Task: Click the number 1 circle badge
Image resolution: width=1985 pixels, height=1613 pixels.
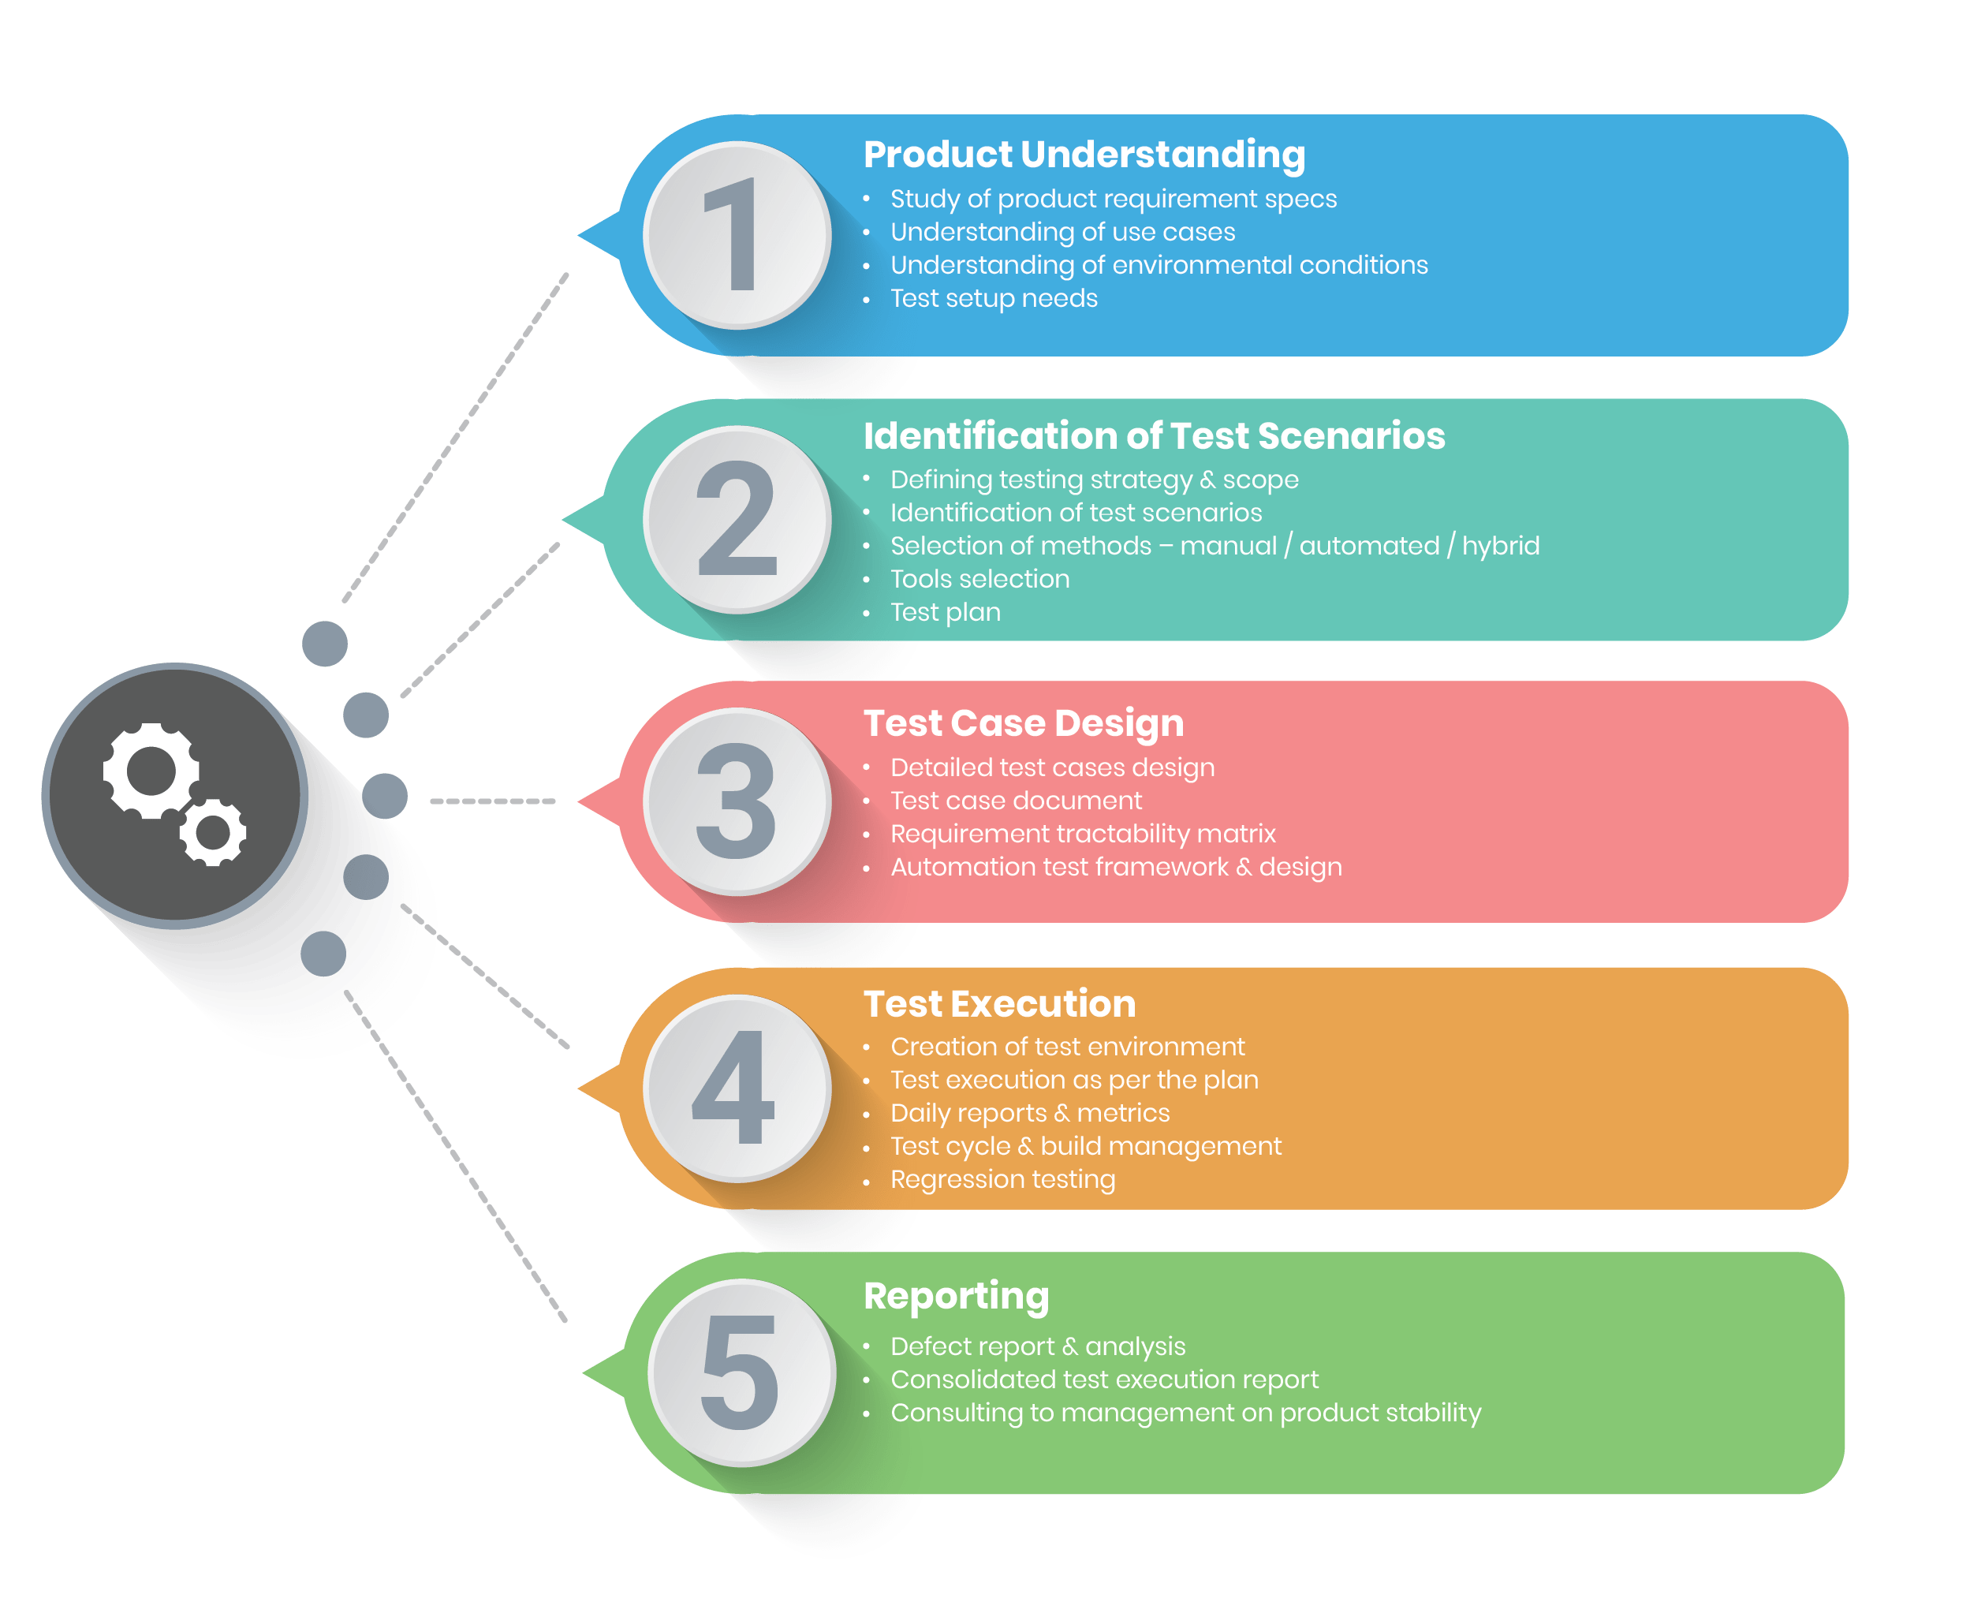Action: tap(737, 235)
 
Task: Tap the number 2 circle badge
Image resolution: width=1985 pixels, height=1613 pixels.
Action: tap(737, 519)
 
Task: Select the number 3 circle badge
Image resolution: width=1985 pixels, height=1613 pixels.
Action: tap(737, 802)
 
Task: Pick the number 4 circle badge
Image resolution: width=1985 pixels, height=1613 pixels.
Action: tap(737, 1088)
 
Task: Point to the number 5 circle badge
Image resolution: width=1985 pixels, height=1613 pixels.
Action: tap(741, 1372)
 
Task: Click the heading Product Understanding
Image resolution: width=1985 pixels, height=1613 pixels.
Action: tap(1084, 155)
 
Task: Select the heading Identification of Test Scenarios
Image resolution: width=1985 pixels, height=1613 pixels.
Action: tap(1154, 435)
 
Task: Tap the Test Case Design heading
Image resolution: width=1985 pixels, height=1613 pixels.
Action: tap(1024, 722)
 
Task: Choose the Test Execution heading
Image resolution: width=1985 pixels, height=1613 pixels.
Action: tap(999, 1004)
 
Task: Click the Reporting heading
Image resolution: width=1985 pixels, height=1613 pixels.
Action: tap(956, 1296)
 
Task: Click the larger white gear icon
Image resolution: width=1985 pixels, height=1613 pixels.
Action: tap(151, 771)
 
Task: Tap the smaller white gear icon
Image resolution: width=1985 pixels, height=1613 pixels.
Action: tap(214, 832)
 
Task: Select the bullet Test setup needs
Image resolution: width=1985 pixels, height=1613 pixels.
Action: tap(993, 298)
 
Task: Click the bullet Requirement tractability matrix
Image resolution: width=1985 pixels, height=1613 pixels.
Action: tap(1082, 834)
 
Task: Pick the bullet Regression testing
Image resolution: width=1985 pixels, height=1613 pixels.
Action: tap(1002, 1179)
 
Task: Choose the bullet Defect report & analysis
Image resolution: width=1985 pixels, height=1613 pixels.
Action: tap(1038, 1346)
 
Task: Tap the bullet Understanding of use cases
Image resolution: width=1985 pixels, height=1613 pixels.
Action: tap(1062, 231)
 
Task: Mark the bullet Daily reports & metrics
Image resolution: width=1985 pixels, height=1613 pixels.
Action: tap(1029, 1113)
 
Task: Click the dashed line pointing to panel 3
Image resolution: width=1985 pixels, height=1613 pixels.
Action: tap(492, 801)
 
